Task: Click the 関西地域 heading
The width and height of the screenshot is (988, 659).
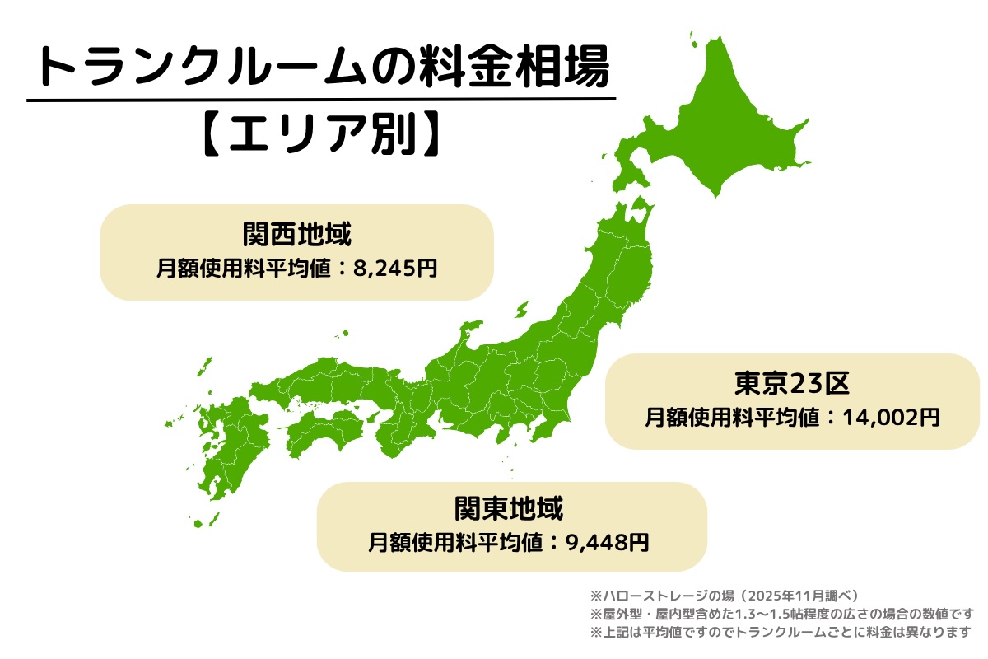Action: point(297,236)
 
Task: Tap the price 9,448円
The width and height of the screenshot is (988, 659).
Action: point(608,542)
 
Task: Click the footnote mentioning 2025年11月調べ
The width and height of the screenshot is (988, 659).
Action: point(725,595)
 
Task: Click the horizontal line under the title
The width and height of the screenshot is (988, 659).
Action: point(321,100)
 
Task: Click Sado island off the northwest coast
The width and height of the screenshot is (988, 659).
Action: point(521,311)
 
